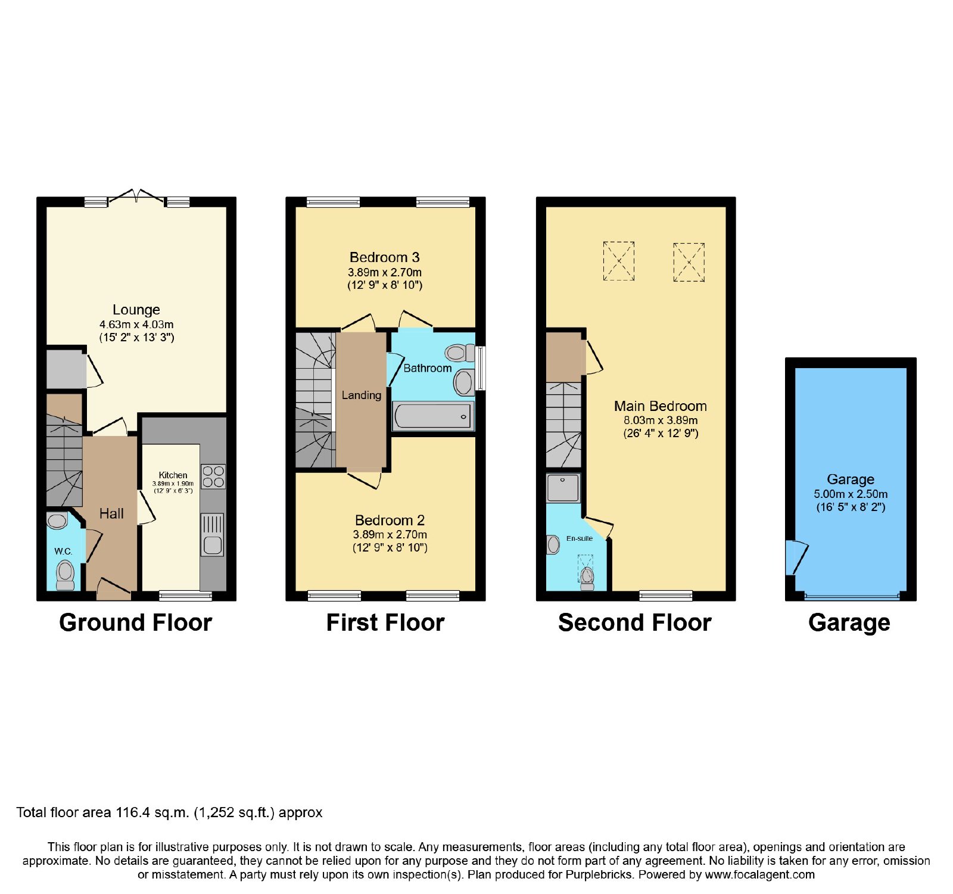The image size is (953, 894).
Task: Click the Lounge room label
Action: (136, 310)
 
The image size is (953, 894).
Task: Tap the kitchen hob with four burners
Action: (213, 476)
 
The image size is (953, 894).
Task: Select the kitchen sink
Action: (213, 535)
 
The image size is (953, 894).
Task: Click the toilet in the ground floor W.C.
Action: (65, 575)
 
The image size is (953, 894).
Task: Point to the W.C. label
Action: (64, 552)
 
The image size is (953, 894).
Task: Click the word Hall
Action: (111, 513)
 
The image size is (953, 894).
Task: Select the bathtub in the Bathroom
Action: (433, 416)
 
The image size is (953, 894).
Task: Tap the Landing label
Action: (361, 395)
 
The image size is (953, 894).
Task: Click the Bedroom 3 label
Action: (385, 257)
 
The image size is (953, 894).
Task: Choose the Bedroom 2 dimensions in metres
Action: (390, 534)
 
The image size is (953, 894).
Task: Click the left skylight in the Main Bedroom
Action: (619, 261)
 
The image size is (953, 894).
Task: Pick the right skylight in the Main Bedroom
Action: (689, 261)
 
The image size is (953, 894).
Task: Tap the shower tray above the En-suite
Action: (563, 488)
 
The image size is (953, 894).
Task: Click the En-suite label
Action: (580, 538)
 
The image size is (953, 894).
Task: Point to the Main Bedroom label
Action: (661, 406)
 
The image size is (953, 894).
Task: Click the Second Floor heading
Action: (635, 622)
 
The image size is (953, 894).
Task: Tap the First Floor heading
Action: (385, 622)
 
